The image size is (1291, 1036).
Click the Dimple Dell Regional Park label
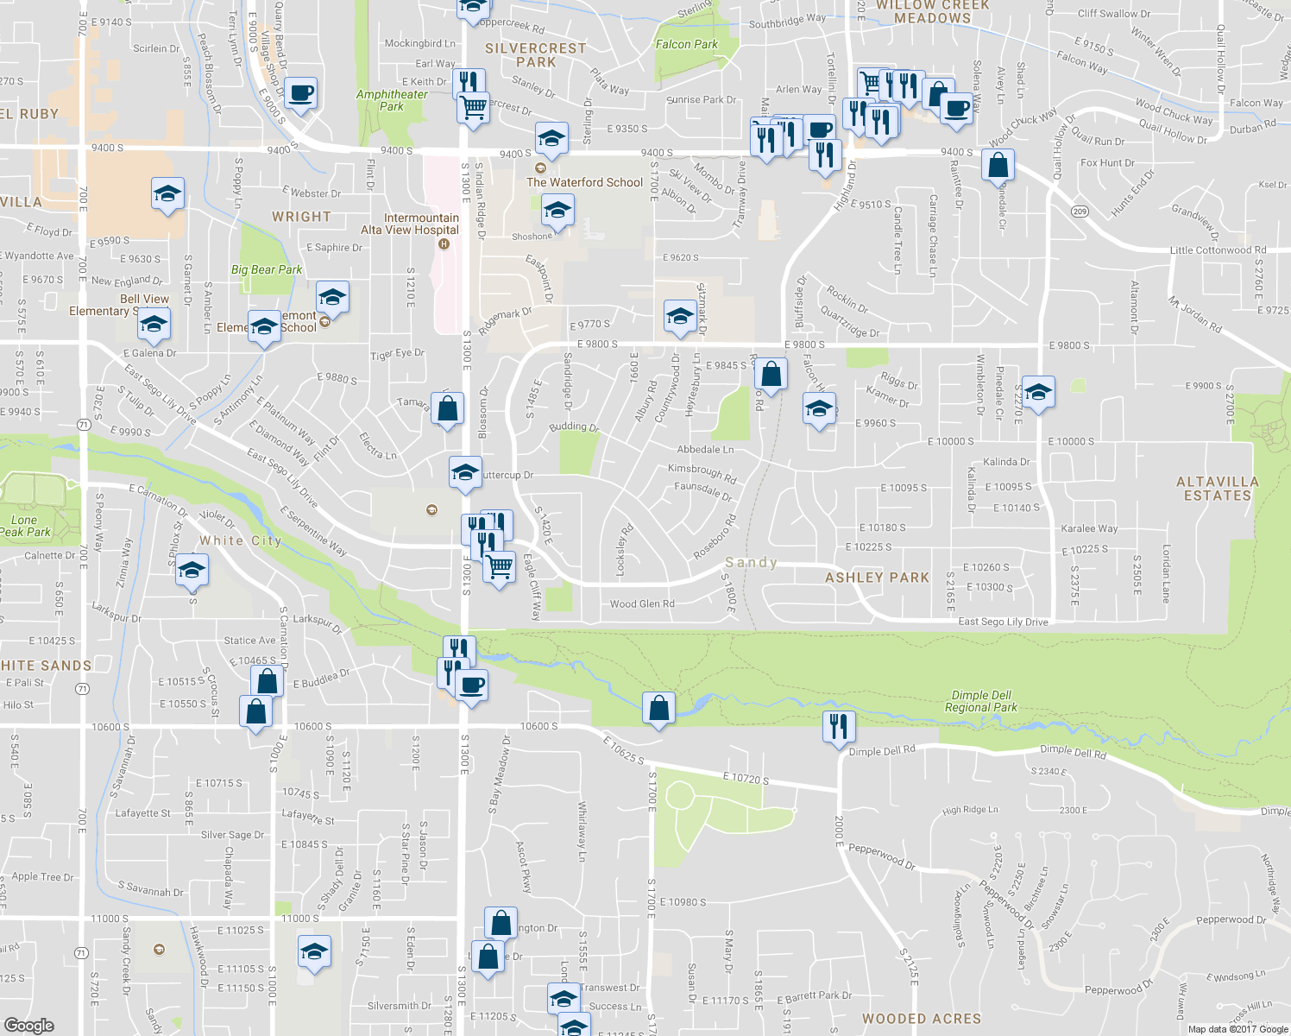(981, 701)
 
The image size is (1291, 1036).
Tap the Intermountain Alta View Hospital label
(410, 224)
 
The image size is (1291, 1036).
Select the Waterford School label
(584, 182)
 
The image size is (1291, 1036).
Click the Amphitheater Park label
(392, 100)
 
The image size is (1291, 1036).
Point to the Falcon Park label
(686, 44)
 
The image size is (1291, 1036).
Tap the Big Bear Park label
(267, 269)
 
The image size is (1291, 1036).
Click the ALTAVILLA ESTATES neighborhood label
(1217, 489)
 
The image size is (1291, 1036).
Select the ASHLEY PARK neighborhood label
(877, 578)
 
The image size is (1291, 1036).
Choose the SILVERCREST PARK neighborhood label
(536, 55)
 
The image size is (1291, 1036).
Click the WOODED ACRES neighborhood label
(921, 1019)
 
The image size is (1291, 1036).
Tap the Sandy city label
(751, 563)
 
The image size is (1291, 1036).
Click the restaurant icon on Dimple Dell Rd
(839, 727)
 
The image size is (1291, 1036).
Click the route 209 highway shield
(1080, 212)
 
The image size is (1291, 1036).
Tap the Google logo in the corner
(28, 1025)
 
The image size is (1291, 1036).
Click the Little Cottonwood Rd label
(1218, 250)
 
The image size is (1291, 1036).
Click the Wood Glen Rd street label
(642, 604)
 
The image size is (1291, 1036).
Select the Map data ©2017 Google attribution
(1237, 1029)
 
